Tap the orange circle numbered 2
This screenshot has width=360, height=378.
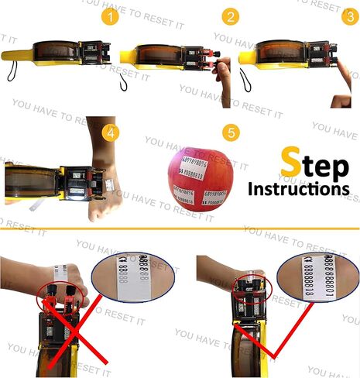230,17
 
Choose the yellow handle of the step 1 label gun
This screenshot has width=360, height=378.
23,56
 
